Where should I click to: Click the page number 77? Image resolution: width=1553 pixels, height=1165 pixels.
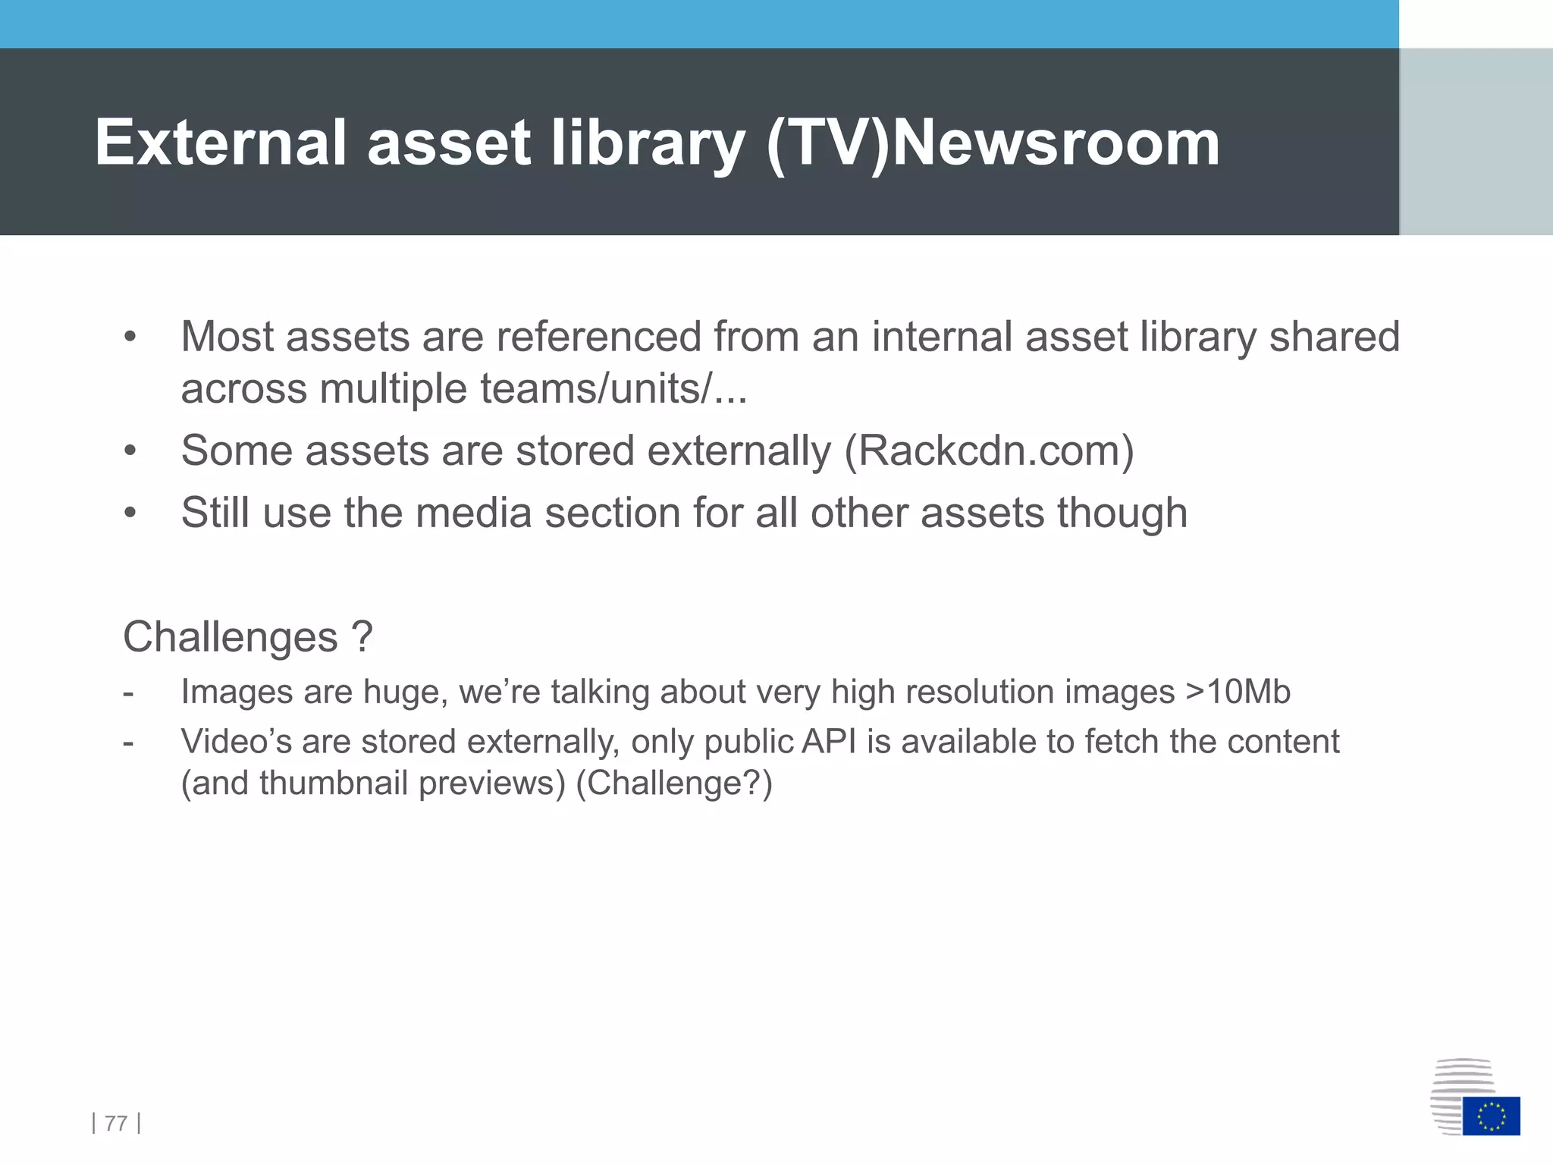[x=116, y=1123]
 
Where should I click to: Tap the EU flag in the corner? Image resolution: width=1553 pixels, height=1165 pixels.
[x=1491, y=1116]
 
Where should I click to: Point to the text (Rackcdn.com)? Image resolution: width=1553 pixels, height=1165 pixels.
[x=989, y=451]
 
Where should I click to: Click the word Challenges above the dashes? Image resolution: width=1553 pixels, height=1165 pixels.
[x=230, y=636]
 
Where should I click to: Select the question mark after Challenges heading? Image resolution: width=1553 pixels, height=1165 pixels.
[x=362, y=636]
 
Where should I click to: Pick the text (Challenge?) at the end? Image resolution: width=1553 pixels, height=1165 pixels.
[x=674, y=783]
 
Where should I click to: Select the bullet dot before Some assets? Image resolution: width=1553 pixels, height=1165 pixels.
[x=130, y=451]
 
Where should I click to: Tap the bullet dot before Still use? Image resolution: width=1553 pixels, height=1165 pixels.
[x=130, y=513]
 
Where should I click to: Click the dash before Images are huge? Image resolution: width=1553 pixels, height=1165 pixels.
[x=128, y=692]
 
